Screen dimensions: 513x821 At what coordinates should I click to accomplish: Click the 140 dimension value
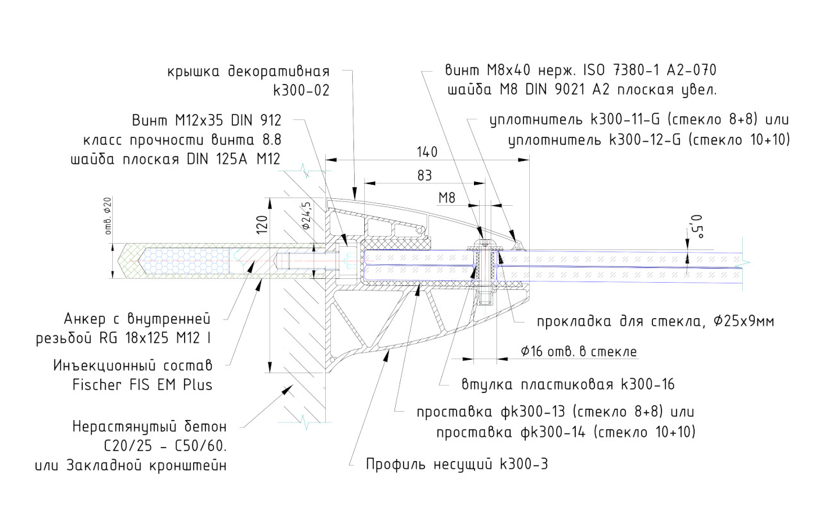pyautogui.click(x=427, y=152)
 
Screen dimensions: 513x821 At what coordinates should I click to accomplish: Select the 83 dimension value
pyautogui.click(x=424, y=175)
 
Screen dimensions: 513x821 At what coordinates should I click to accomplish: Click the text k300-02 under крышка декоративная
pyautogui.click(x=301, y=90)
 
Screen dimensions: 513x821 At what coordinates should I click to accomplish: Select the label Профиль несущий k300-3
pyautogui.click(x=457, y=464)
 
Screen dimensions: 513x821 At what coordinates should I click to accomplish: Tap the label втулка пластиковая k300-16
pyautogui.click(x=568, y=385)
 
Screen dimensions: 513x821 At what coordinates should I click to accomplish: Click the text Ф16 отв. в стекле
pyautogui.click(x=579, y=351)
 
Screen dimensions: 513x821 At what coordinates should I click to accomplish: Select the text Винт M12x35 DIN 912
pyautogui.click(x=207, y=120)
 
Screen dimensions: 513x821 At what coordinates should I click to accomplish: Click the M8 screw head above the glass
pyautogui.click(x=485, y=244)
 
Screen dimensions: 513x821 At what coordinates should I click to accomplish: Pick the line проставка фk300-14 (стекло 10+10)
pyautogui.click(x=566, y=432)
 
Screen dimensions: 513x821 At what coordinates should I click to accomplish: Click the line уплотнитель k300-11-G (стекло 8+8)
pyautogui.click(x=638, y=120)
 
